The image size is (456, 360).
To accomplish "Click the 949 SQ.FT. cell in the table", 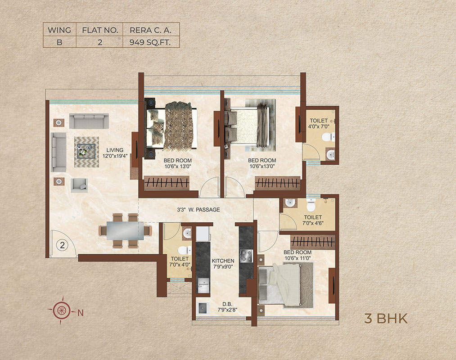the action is click(x=150, y=42).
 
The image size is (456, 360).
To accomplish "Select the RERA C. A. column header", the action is click(x=150, y=30).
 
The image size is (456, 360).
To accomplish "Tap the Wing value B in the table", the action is click(x=59, y=42).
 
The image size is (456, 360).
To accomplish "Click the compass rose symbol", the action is click(x=61, y=310).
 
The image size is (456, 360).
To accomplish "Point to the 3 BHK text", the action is click(x=386, y=319).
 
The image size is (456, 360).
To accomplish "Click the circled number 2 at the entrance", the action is click(x=62, y=245).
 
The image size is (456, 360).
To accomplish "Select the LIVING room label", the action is click(x=115, y=153).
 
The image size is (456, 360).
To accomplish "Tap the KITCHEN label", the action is click(x=223, y=264).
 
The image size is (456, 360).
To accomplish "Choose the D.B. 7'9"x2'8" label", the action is click(x=227, y=307).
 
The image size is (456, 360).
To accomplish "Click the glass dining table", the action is click(x=125, y=230).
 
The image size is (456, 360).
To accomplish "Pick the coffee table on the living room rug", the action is click(x=86, y=151).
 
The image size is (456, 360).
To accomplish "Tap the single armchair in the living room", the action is click(x=79, y=185).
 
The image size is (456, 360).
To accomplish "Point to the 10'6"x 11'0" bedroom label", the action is click(x=298, y=255).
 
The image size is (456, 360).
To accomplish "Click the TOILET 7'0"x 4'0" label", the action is click(x=180, y=262).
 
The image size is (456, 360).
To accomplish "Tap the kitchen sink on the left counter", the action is click(x=203, y=285).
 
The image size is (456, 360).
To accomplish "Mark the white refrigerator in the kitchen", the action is click(x=203, y=234).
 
